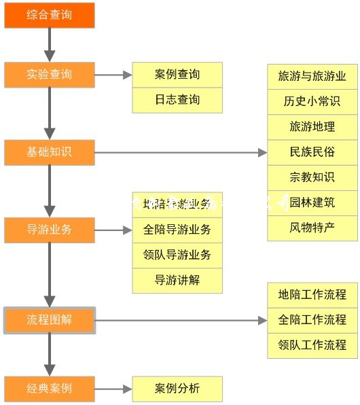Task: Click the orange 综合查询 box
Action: (x=49, y=15)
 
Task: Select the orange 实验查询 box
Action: (x=49, y=75)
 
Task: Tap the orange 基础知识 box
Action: (x=49, y=152)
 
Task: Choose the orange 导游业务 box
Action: (x=49, y=230)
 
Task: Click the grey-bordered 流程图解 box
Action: (x=49, y=320)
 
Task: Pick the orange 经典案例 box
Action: (x=49, y=389)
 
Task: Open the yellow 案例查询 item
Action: (x=177, y=75)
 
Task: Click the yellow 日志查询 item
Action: (x=177, y=100)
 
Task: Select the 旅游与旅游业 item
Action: (x=312, y=76)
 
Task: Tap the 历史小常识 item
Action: (x=312, y=101)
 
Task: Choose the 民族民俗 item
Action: (x=312, y=152)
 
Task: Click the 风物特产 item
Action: (x=312, y=227)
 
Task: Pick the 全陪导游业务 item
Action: (x=177, y=230)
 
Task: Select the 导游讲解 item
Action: (x=177, y=279)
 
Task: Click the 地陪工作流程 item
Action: (x=312, y=295)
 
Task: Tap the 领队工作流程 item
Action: (x=312, y=345)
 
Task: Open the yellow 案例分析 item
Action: (x=177, y=389)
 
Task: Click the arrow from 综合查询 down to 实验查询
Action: (x=49, y=45)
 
